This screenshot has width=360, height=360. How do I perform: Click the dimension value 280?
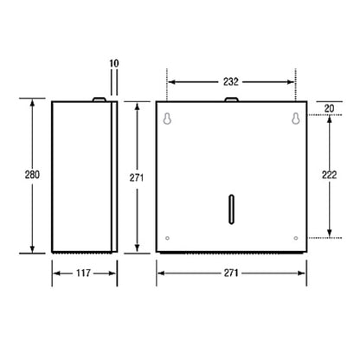32,175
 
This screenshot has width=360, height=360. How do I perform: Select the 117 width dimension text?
83,273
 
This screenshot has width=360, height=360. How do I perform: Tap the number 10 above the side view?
114,63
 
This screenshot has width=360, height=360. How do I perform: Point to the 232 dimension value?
231,82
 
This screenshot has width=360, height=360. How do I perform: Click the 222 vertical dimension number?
329,175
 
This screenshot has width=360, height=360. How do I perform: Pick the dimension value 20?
329,108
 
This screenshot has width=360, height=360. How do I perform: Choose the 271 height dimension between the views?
137,178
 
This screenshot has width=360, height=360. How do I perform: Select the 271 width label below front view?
231,273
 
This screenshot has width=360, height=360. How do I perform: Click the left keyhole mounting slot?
167,119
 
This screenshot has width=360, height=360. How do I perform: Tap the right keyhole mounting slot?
295,119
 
